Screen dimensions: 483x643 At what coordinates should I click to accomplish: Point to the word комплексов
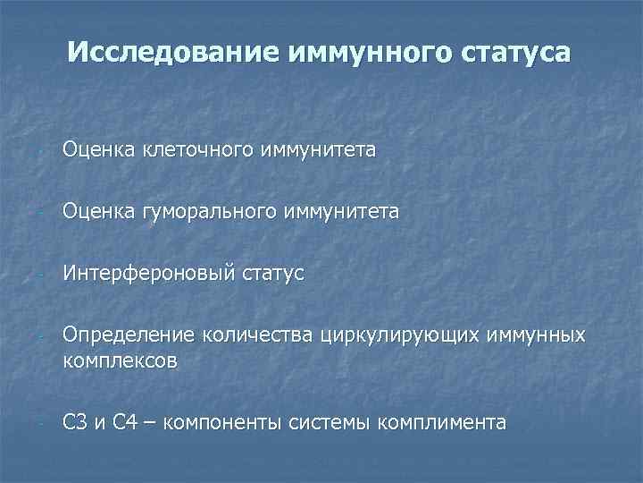pos(120,360)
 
